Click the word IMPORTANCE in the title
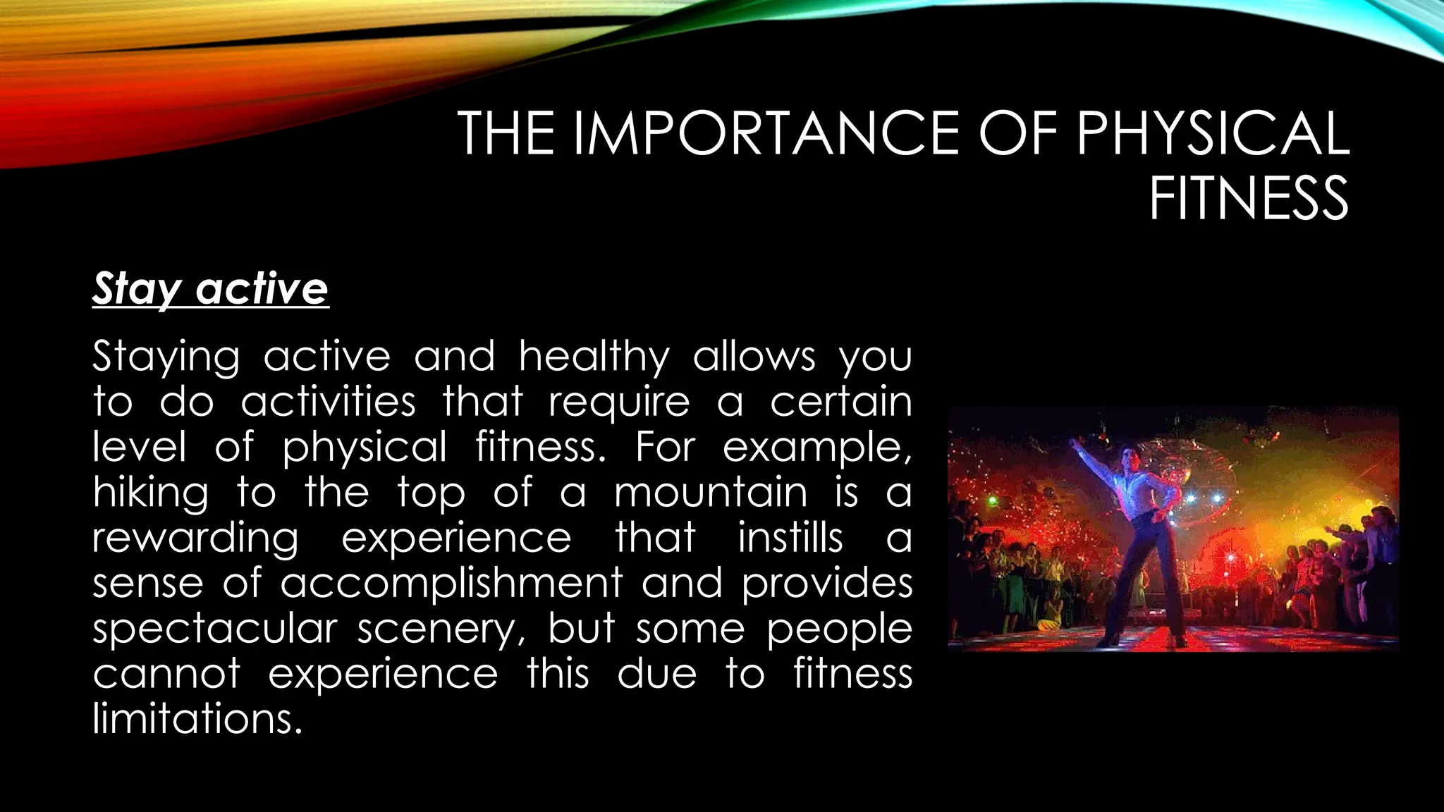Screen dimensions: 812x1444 coord(764,133)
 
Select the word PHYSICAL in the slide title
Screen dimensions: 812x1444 coord(1212,133)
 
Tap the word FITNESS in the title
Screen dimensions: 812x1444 coord(1249,199)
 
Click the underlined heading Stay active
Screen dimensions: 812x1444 coord(210,288)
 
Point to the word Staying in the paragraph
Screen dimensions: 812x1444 coord(166,357)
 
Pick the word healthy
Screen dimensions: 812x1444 coord(594,357)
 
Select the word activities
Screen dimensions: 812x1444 coord(329,402)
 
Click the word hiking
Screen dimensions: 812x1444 coord(151,493)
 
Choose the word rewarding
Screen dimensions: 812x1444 coord(196,539)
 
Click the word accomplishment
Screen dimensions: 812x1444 coord(451,584)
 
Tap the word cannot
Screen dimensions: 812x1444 coord(166,674)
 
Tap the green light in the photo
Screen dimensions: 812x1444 coord(993,501)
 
